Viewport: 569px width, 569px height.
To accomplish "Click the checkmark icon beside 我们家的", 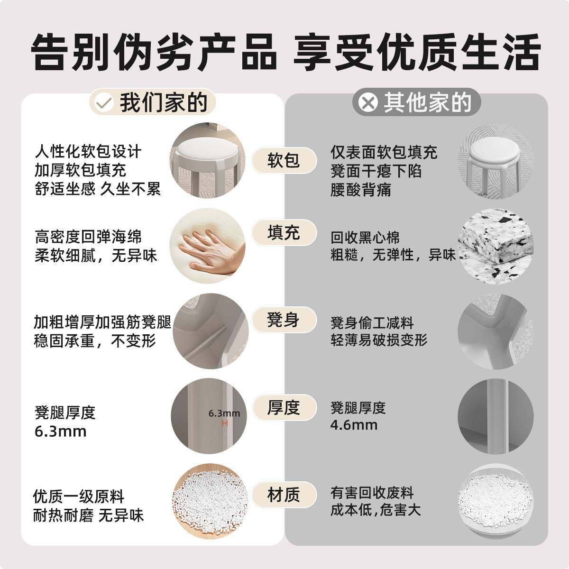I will (x=103, y=103).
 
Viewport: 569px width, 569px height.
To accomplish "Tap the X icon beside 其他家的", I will (x=368, y=103).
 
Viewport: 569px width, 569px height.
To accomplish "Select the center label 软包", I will (x=284, y=160).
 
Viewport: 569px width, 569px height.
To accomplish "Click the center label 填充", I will (x=284, y=233).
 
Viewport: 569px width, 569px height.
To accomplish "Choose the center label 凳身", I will (x=284, y=320).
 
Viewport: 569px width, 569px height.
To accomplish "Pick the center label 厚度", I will (x=284, y=407).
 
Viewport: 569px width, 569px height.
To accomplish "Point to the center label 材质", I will (x=284, y=495).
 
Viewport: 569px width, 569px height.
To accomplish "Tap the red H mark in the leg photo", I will (x=225, y=423).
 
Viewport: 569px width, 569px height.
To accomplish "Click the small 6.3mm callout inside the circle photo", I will (x=224, y=413).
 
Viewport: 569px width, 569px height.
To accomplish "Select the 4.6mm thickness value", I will (x=354, y=425).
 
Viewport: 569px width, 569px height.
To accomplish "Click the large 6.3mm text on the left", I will (x=60, y=431).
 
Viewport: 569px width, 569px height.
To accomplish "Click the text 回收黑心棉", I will (x=365, y=238).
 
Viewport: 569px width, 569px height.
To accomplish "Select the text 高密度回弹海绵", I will (x=88, y=237).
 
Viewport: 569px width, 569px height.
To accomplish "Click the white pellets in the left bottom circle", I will (x=209, y=500).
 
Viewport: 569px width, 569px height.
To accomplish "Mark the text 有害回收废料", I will (x=372, y=493).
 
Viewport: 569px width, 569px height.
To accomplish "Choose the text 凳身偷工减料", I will (x=372, y=323).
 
